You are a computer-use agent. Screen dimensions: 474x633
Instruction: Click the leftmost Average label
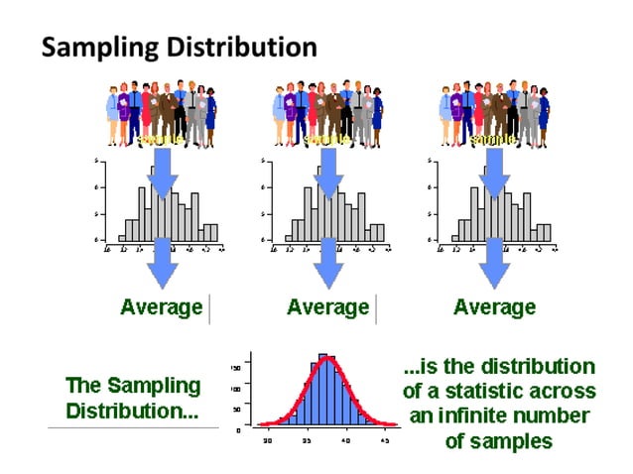[161, 307]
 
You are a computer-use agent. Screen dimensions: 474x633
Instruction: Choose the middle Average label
[327, 307]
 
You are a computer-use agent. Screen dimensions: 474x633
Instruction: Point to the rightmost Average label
[494, 307]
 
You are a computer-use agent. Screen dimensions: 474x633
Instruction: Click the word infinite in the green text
[466, 415]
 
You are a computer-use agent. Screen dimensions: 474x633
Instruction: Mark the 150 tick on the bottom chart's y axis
[237, 368]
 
